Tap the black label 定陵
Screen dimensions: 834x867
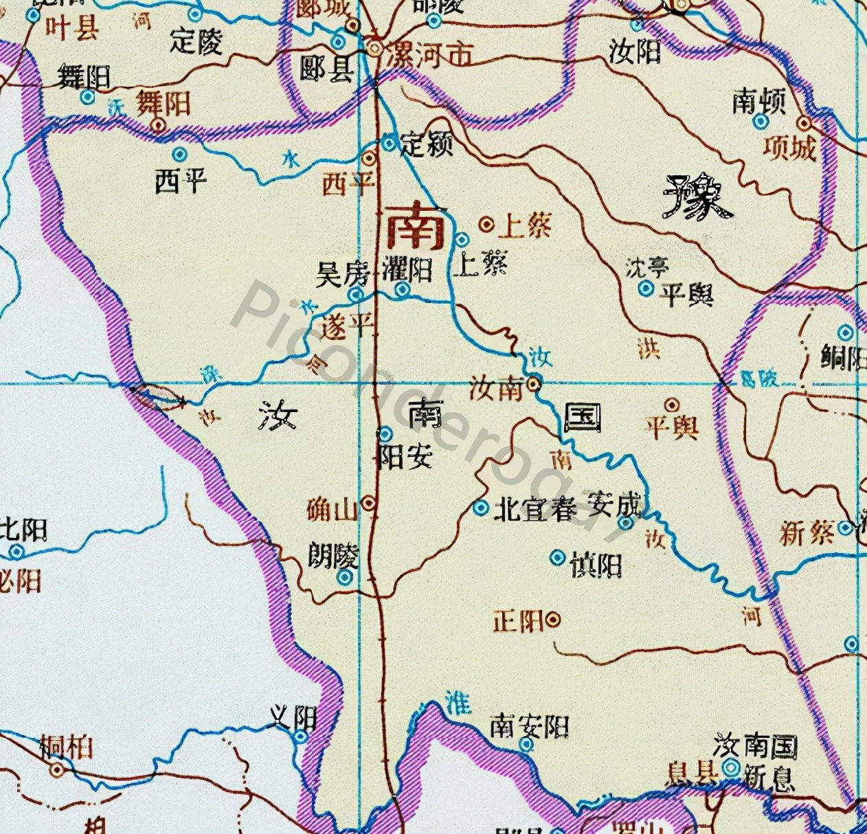(196, 41)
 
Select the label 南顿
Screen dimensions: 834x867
(758, 102)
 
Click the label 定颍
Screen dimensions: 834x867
(427, 144)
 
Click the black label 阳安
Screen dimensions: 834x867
(405, 457)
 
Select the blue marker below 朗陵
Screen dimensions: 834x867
(345, 578)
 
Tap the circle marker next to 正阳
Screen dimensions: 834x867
(553, 620)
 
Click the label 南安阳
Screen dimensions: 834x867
(529, 725)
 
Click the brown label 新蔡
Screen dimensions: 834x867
(807, 532)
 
